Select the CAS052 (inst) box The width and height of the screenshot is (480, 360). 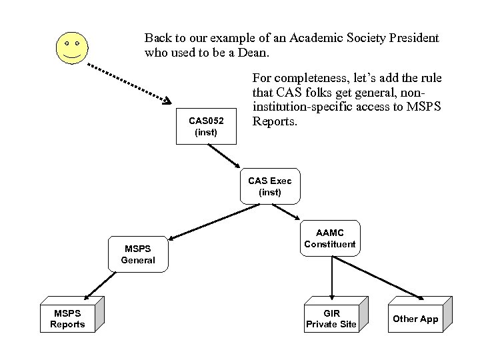click(x=206, y=126)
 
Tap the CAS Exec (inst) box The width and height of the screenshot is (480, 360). click(x=269, y=186)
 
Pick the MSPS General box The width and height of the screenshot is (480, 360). click(x=138, y=254)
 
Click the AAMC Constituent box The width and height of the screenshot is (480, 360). click(x=330, y=238)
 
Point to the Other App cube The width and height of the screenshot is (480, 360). click(x=415, y=319)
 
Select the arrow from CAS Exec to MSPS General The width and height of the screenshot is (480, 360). click(x=203, y=221)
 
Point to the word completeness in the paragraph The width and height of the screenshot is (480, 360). click(x=302, y=78)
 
